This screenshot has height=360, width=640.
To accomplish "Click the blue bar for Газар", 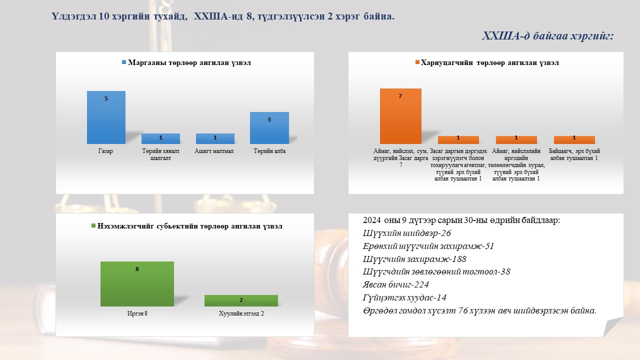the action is tap(106, 117).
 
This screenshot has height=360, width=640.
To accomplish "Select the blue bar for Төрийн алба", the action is tap(269, 128).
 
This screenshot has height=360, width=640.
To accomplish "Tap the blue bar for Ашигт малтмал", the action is tap(215, 138).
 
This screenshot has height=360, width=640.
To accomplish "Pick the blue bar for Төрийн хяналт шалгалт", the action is tap(160, 138).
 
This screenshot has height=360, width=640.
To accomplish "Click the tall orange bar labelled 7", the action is tap(400, 116).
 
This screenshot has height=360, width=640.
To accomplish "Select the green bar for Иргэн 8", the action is tap(137, 284).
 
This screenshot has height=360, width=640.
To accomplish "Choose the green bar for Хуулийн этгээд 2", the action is tap(241, 301).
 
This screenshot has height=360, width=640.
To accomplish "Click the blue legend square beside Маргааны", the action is tap(124, 62).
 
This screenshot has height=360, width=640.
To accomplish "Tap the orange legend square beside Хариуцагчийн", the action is tap(417, 62).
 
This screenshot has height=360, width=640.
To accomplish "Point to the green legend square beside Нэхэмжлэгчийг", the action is tap(93, 225).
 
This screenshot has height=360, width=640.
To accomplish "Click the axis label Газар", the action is tap(105, 151).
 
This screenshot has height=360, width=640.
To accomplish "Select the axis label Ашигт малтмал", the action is tap(214, 151).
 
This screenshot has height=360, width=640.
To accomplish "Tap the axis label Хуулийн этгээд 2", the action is tap(241, 313).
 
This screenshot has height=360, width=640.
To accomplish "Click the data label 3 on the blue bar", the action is tap(269, 119).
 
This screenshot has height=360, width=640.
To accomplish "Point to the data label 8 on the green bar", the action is tap(137, 269).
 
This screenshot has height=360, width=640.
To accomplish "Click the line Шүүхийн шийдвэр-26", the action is tap(407, 233).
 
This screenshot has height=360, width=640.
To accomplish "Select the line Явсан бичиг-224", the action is tap(396, 284).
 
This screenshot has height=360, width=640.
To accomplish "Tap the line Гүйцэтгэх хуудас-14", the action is tap(404, 297).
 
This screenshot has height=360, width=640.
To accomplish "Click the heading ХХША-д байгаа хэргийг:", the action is tap(548, 36).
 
